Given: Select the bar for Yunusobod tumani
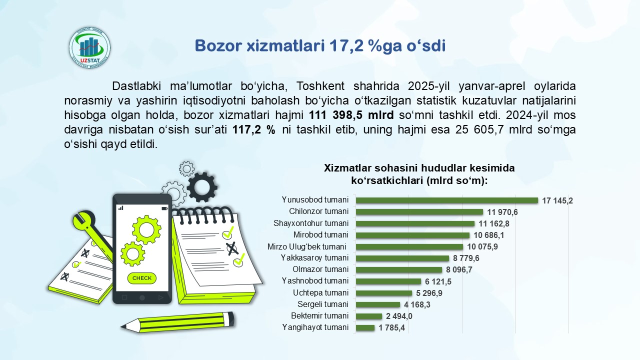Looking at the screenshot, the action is pos(447,200).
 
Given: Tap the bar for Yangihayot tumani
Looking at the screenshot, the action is pos(365,327).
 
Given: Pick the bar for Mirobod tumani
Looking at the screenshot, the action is pos(412,235).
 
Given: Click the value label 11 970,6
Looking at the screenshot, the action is pos(502,212).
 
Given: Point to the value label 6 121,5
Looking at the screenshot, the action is pos(438,281).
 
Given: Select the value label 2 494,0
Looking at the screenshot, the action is pos(399,316).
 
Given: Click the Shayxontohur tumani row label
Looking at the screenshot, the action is pos(311,223).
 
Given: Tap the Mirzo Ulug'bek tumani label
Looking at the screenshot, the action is pos(306,246).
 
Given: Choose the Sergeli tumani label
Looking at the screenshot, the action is pos(322,304).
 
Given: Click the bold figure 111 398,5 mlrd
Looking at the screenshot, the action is pos(351,115).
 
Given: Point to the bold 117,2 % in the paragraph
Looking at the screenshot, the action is pos(253,129).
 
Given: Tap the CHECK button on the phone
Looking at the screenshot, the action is pos(142,278).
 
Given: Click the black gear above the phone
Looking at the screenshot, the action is pos(202,187).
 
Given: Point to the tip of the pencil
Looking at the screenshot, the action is pos(121,326).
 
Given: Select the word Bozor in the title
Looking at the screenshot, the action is pos(218,45).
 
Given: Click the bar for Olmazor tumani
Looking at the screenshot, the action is pos(399,269).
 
